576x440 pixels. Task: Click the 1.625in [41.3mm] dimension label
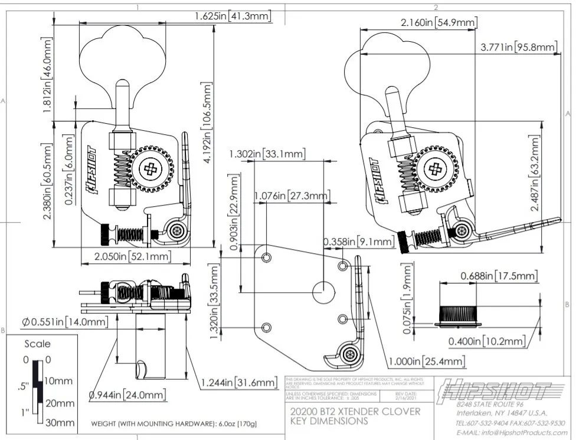coord(233,16)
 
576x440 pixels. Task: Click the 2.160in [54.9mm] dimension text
coord(438,23)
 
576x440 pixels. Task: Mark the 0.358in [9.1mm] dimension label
coord(358,241)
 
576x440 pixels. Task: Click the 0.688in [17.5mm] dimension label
coord(499,276)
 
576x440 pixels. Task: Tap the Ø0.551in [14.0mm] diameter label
coord(66,322)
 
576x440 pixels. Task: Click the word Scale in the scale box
coord(37,344)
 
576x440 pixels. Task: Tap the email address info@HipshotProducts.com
coord(511,432)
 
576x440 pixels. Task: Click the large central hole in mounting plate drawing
coord(323,292)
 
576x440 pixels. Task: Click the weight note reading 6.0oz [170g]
coord(174,424)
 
